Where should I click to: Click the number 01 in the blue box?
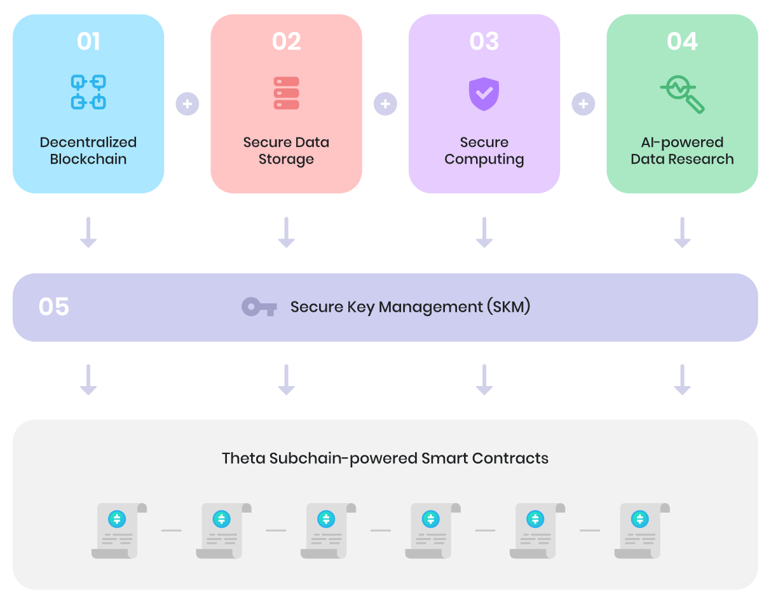88,42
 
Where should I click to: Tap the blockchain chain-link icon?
88,92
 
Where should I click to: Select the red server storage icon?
286,93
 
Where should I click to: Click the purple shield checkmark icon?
484,93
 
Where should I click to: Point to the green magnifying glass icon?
682,94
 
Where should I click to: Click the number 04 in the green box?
682,42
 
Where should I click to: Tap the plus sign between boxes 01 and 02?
188,103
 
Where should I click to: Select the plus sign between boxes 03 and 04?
583,103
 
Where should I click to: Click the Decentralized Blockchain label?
88,151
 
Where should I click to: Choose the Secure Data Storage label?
286,151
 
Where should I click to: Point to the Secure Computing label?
484,151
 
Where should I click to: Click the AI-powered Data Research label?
682,151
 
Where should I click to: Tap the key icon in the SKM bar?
259,307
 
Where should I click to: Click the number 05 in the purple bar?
54,307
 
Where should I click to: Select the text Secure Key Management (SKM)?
410,307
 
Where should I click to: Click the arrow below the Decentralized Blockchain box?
88,232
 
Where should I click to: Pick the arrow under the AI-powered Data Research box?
682,232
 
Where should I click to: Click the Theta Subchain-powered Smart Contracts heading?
385,459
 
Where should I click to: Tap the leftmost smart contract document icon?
119,530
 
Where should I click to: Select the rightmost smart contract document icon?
641,530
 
